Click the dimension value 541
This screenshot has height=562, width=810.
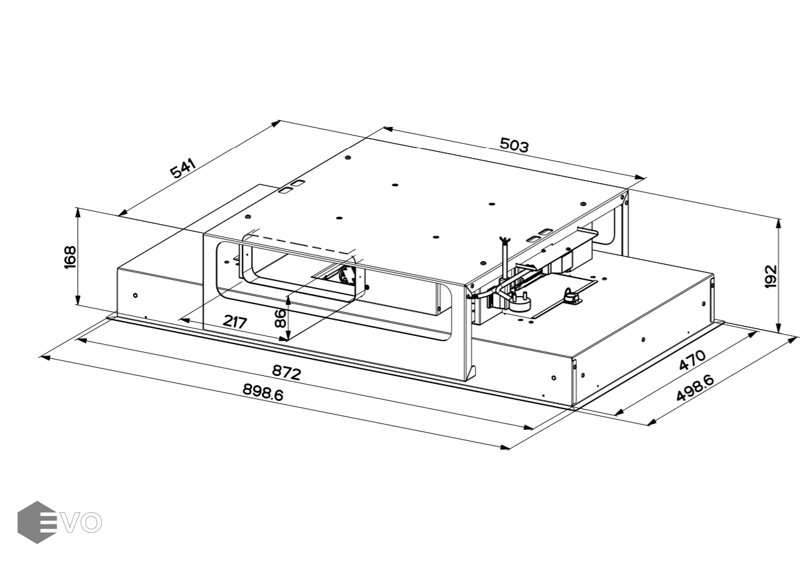184,169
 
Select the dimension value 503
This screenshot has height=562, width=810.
514,145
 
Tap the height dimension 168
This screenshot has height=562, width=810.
70,257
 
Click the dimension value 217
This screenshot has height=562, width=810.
234,322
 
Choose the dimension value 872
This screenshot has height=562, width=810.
286,372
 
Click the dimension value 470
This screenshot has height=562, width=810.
692,360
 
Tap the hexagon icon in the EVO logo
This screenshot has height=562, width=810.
36,522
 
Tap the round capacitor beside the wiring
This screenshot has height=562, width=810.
519,302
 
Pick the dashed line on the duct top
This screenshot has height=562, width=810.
300,244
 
